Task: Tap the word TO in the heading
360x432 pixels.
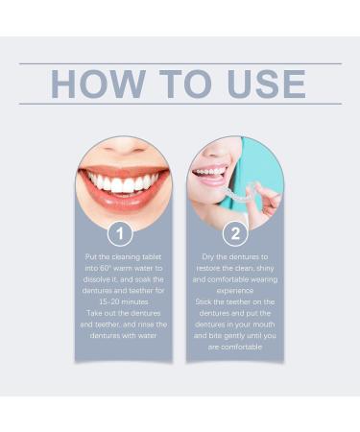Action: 185,84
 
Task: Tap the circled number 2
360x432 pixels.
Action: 235,233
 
